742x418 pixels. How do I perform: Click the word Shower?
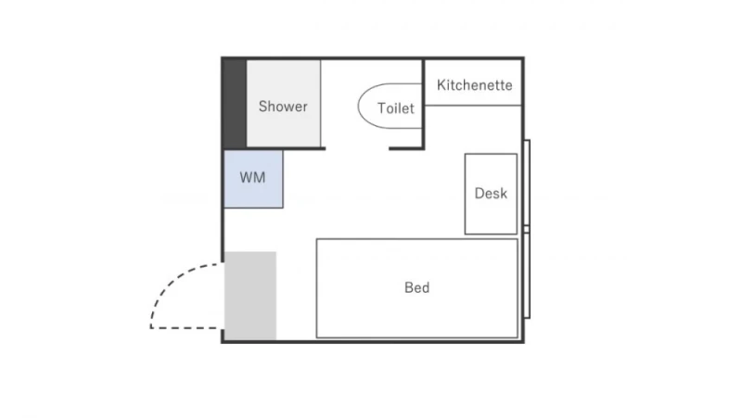283,107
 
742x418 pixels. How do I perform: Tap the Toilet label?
396,108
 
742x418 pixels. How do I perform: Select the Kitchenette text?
474,85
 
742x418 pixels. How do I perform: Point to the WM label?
252,178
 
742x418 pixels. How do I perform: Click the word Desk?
491,194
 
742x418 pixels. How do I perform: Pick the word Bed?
416,287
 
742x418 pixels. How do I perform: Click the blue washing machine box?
253,179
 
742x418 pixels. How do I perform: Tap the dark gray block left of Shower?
235,104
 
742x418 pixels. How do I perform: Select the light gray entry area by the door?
250,296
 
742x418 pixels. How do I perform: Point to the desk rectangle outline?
466,194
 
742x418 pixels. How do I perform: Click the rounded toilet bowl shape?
359,106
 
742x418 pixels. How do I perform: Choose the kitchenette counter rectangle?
473,82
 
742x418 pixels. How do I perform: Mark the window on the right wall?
527,229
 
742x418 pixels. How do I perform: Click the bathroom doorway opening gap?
357,148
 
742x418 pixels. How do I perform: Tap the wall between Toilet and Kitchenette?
423,104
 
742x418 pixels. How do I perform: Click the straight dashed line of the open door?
187,327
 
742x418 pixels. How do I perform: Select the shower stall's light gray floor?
284,104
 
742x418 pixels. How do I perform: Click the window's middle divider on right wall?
527,229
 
